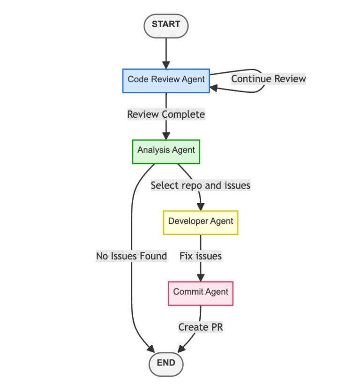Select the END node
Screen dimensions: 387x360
pyautogui.click(x=166, y=363)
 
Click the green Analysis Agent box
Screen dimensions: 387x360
pyautogui.click(x=166, y=151)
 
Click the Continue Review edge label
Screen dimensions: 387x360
pyautogui.click(x=268, y=79)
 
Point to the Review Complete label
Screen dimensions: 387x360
pyautogui.click(x=166, y=114)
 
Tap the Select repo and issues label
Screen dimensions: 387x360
pyautogui.click(x=200, y=186)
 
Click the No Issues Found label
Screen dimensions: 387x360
pyautogui.click(x=131, y=256)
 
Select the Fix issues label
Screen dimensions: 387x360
pyautogui.click(x=200, y=256)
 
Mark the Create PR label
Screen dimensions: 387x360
pyautogui.click(x=200, y=327)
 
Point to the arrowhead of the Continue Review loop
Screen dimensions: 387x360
pyautogui.click(x=214, y=87)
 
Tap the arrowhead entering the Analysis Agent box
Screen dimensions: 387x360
pyautogui.click(x=166, y=136)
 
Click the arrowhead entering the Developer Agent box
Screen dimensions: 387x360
pyautogui.click(x=201, y=206)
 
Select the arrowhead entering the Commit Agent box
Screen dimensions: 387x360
pyautogui.click(x=201, y=277)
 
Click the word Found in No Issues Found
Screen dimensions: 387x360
pyautogui.click(x=152, y=256)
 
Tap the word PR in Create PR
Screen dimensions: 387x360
pyautogui.click(x=216, y=327)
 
